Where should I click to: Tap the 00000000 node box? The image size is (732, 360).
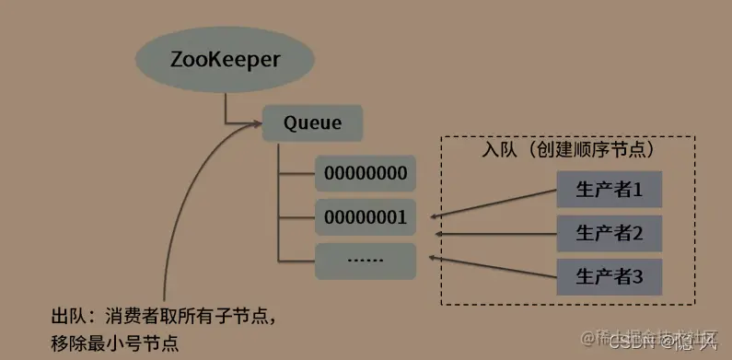click(366, 172)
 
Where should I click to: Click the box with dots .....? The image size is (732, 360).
click(366, 260)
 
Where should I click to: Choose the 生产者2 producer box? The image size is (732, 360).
click(609, 231)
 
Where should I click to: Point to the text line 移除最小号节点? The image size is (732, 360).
click(114, 343)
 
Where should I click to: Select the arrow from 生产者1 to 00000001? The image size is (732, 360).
click(493, 204)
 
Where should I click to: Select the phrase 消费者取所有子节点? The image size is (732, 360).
click(183, 319)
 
